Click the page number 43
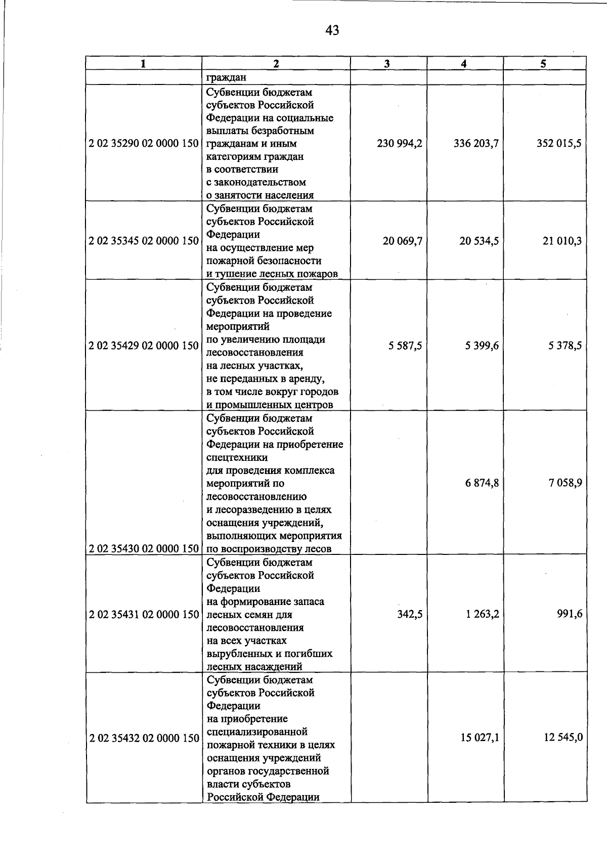tap(332, 31)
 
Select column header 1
tap(144, 64)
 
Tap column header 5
tap(543, 64)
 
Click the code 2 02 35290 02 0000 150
tap(144, 144)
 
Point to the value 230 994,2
tap(400, 144)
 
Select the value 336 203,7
tap(476, 144)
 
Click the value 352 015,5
tap(559, 144)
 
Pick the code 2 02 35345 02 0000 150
tap(144, 241)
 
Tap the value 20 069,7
tap(402, 241)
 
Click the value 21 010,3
tap(561, 241)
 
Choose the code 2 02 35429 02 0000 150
tap(144, 347)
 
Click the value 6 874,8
tap(482, 483)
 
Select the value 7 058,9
tap(565, 483)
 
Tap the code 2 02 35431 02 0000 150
tap(144, 615)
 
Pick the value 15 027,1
tap(480, 738)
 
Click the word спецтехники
tap(237, 458)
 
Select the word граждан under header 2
tap(226, 78)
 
